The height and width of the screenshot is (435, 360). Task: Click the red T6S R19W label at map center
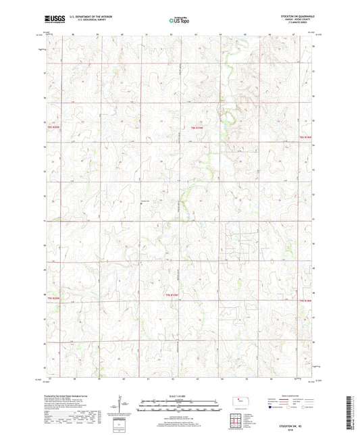pos(197,127)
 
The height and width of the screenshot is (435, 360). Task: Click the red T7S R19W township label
pos(174,295)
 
